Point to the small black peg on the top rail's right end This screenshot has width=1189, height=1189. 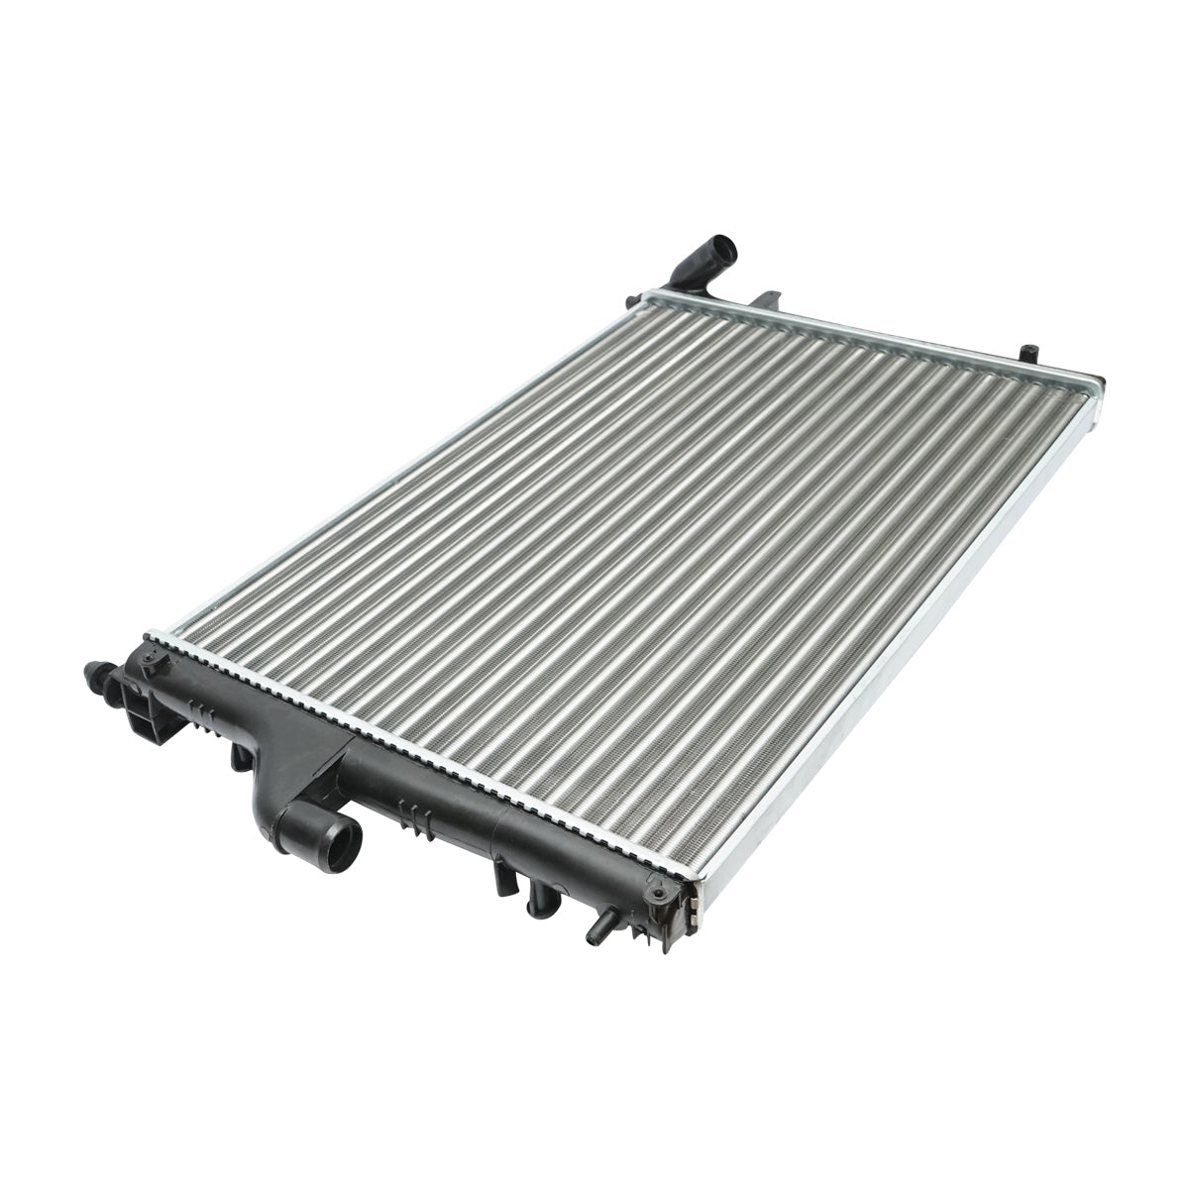pyautogui.click(x=1028, y=351)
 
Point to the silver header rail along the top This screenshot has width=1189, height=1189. pyautogui.click(x=872, y=336)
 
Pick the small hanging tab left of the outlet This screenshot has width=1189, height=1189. pyautogui.click(x=239, y=757)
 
